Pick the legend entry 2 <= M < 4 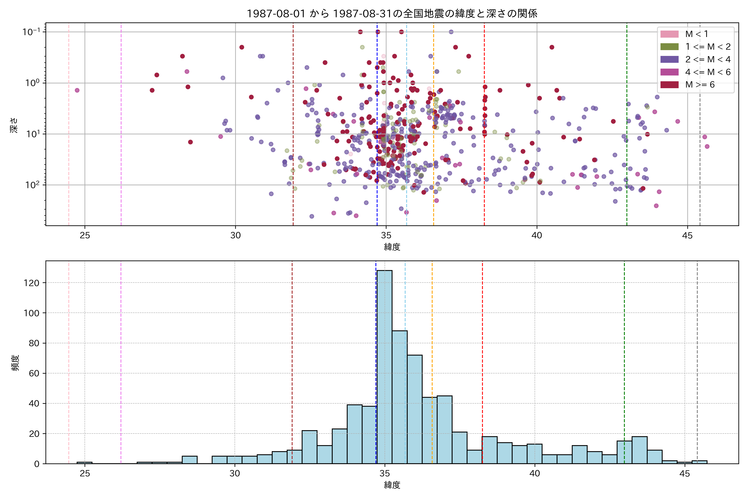[708, 59]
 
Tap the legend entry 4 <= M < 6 [708, 72]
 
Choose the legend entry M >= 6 [700, 85]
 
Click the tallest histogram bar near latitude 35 [384, 366]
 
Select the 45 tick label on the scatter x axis [687, 236]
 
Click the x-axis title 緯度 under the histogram [392, 485]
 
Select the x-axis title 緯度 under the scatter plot [392, 247]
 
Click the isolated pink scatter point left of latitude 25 [77, 90]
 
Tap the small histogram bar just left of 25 [84, 463]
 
